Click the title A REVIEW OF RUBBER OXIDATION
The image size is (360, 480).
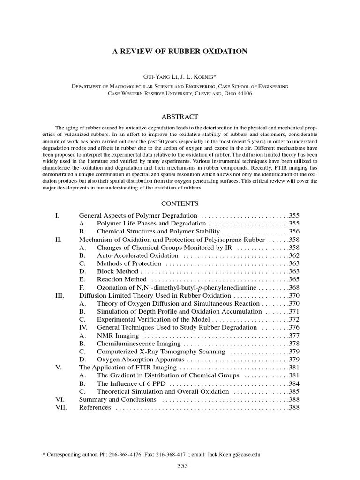coord(180,51)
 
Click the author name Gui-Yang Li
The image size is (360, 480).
coord(157,76)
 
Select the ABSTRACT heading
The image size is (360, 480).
coord(180,117)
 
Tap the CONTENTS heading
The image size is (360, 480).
coord(180,203)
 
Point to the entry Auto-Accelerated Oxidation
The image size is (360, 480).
coord(137,255)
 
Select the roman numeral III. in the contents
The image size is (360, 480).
coord(59,295)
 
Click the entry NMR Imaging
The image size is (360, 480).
coord(118,336)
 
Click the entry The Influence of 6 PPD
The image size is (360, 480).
coord(131,383)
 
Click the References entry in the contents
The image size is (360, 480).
coord(95,407)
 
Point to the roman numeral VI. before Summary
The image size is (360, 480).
coord(60,399)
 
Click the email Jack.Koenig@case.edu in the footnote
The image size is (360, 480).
coord(233,455)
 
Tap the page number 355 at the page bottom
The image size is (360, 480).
coord(182,466)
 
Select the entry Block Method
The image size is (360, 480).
coord(117,271)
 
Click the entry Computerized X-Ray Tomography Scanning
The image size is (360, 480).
coord(161,352)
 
